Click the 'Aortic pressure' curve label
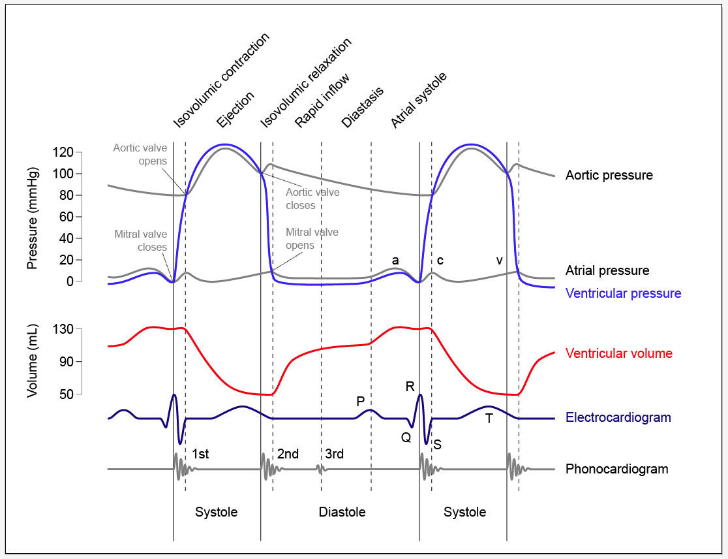pyautogui.click(x=609, y=175)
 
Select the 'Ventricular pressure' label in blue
pyautogui.click(x=623, y=293)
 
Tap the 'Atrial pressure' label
pyautogui.click(x=607, y=270)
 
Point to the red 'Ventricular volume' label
pyautogui.click(x=618, y=353)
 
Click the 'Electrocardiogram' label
pyautogui.click(x=618, y=417)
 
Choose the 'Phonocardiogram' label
pyautogui.click(x=616, y=469)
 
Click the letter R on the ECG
pyautogui.click(x=410, y=386)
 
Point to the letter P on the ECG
pyautogui.click(x=360, y=402)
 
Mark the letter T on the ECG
pyautogui.click(x=489, y=419)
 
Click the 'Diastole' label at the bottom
pyautogui.click(x=342, y=512)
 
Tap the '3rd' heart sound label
pyautogui.click(x=334, y=454)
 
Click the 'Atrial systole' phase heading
pyautogui.click(x=419, y=100)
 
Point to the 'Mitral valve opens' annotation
pyautogui.click(x=312, y=238)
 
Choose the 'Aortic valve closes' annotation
pyautogui.click(x=312, y=199)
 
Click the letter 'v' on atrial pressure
pyautogui.click(x=499, y=261)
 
